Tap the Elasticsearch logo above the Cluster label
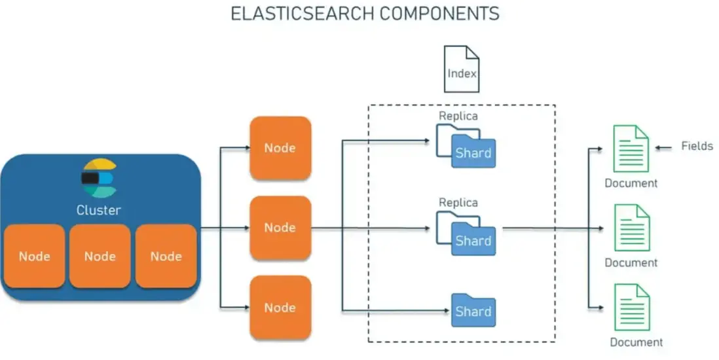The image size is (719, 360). [99, 177]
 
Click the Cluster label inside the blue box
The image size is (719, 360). [99, 210]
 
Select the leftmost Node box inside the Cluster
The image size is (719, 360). [35, 256]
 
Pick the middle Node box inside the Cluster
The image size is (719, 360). [100, 256]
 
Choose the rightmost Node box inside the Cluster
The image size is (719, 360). [166, 256]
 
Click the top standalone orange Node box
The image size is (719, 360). [280, 148]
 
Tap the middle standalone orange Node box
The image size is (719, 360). [280, 227]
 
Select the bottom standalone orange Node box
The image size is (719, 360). [280, 307]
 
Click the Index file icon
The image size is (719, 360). [462, 69]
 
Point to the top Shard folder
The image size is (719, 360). [473, 153]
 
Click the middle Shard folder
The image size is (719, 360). [473, 240]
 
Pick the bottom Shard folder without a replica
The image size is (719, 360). [473, 310]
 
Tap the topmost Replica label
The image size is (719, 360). [458, 116]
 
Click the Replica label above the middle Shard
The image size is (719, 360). [458, 203]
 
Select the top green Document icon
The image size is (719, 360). [631, 149]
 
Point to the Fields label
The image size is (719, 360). [697, 146]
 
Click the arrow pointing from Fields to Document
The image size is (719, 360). [664, 148]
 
